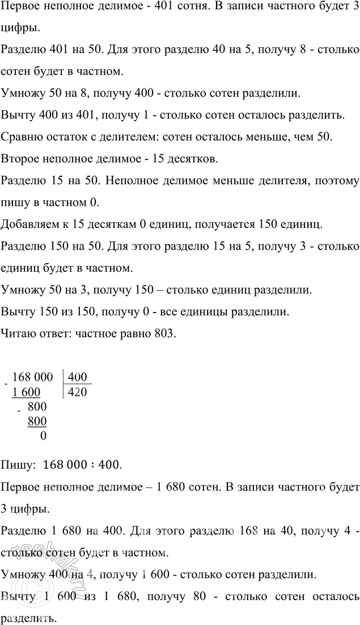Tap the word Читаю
point(18,334)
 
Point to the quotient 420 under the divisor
point(77,391)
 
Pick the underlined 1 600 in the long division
point(27,392)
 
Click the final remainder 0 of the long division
point(44,436)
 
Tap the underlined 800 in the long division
point(37,421)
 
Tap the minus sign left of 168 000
point(5,383)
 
